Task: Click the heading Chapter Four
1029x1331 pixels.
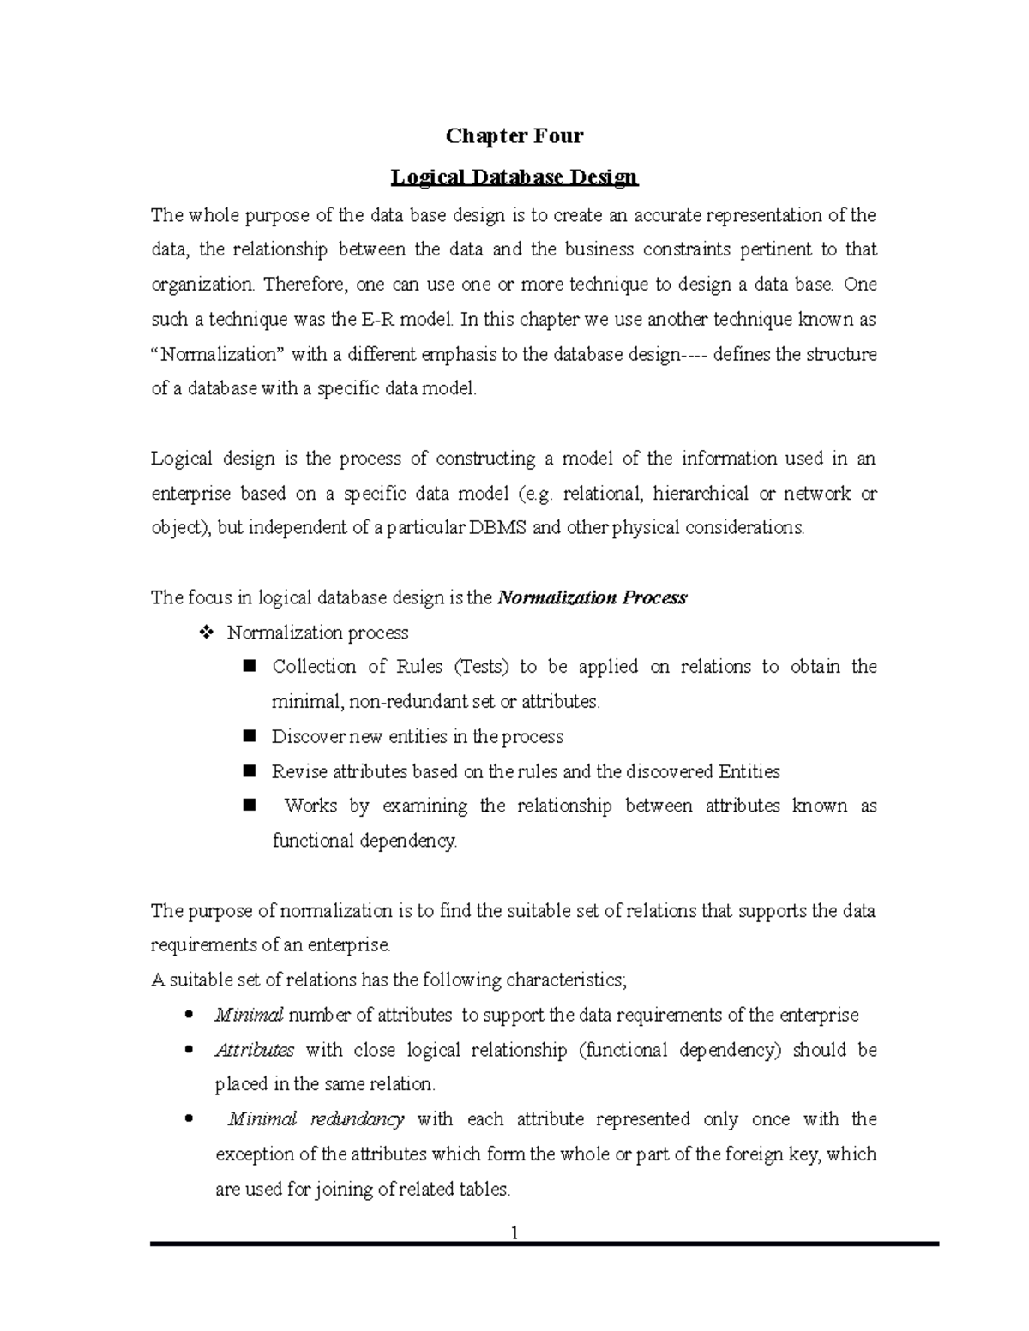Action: [514, 135]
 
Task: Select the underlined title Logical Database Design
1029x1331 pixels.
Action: [514, 177]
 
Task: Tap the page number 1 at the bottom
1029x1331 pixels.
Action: [514, 1233]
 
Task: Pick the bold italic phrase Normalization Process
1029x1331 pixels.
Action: [592, 597]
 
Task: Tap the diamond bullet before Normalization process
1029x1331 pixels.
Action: [205, 633]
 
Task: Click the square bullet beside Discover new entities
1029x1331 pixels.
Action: [250, 735]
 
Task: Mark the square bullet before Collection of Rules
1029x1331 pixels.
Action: [250, 666]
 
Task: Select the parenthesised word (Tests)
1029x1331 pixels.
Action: [481, 667]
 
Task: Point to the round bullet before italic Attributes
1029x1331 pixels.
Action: [188, 1050]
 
